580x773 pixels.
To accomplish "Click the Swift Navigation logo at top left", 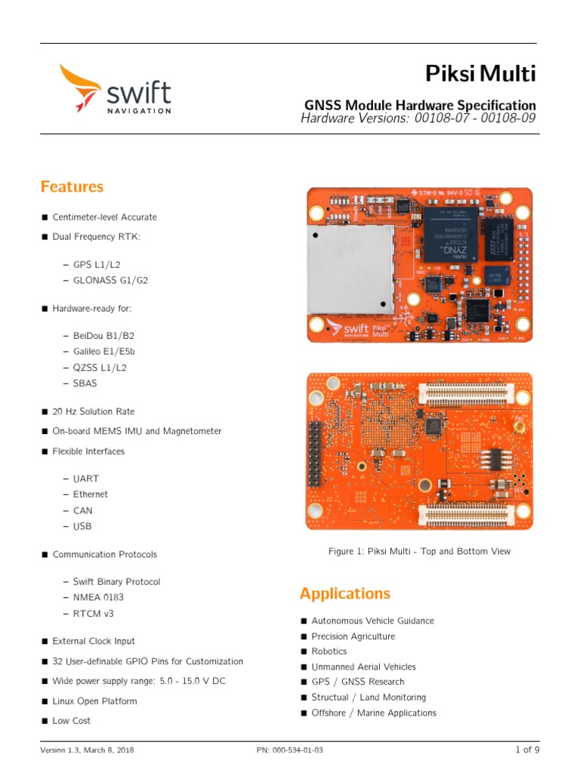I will click(x=116, y=90).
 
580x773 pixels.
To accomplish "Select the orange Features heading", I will click(x=72, y=186).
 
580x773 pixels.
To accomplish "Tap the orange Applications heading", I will click(x=345, y=593).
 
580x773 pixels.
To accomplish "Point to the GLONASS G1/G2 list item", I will click(x=110, y=280).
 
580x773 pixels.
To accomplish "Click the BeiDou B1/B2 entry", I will click(x=103, y=336).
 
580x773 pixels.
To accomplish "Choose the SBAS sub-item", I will click(x=85, y=383).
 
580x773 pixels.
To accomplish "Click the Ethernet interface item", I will click(x=90, y=494).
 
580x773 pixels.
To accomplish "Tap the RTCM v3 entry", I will click(x=93, y=614).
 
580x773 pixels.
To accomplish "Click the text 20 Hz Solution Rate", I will click(x=94, y=411).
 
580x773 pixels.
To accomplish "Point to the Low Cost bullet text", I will click(x=71, y=721).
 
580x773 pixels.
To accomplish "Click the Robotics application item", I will click(x=329, y=651).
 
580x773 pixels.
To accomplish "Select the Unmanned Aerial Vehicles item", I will click(x=363, y=667).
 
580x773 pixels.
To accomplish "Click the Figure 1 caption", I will click(x=419, y=552).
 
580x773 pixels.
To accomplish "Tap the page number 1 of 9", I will click(x=527, y=750).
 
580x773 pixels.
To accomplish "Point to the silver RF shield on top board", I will click(x=350, y=269).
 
